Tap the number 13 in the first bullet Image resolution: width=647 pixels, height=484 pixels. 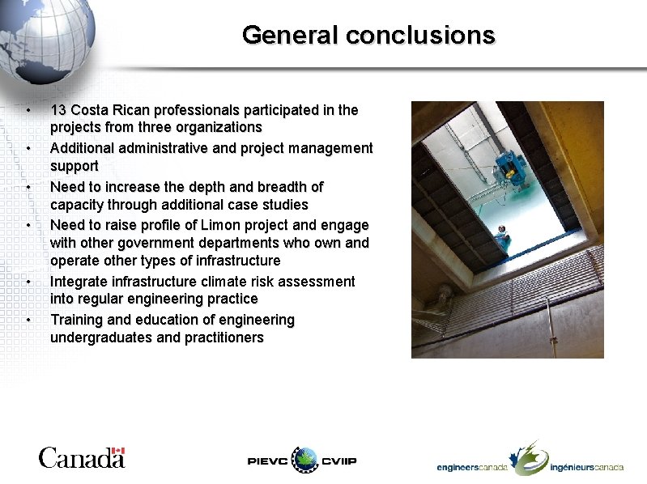pyautogui.click(x=58, y=109)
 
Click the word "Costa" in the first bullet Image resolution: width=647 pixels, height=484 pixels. pyautogui.click(x=91, y=109)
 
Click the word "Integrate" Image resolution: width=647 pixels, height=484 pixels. pyautogui.click(x=79, y=281)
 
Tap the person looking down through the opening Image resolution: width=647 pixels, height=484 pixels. pyautogui.click(x=502, y=236)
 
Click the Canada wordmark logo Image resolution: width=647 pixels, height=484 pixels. pyautogui.click(x=81, y=458)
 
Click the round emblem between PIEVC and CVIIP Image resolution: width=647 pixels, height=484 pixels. pyautogui.click(x=306, y=460)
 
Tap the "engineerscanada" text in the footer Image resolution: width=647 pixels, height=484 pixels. pyautogui.click(x=472, y=467)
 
